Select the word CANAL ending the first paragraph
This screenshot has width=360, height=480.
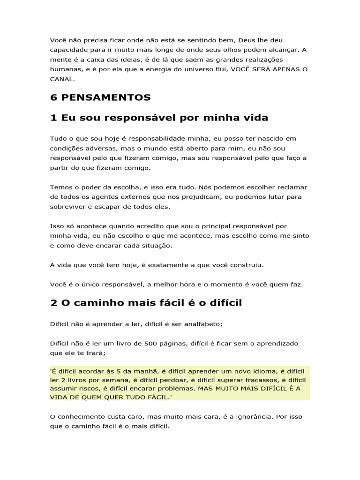click(x=61, y=79)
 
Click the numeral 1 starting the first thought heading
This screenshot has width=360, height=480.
click(x=53, y=118)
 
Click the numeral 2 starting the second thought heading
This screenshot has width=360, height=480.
click(x=53, y=302)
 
